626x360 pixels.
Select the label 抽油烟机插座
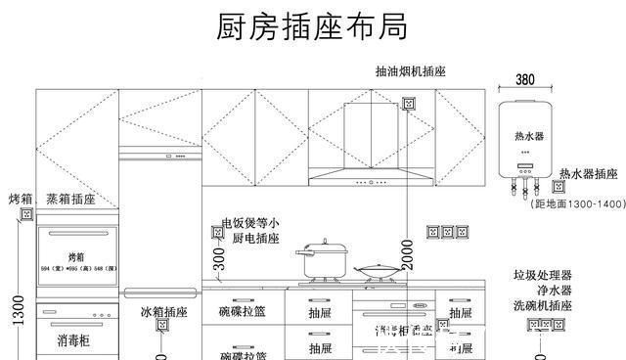click(x=410, y=72)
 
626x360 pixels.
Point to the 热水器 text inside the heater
click(x=526, y=135)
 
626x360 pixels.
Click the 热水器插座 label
click(x=588, y=173)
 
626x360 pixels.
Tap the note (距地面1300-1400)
click(x=577, y=204)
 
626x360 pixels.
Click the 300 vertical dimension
click(x=218, y=258)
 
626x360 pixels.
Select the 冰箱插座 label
click(x=162, y=312)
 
